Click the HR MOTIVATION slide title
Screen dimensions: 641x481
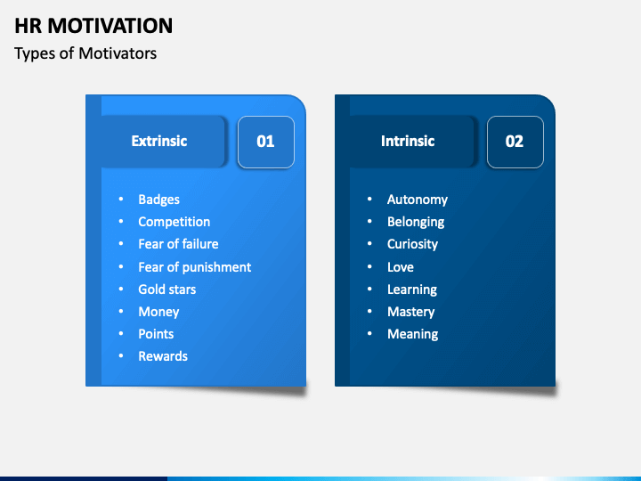[x=93, y=26]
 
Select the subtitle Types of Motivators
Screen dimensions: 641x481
[x=85, y=53]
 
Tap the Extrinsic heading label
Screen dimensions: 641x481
[x=159, y=141]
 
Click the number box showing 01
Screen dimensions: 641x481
[x=265, y=142]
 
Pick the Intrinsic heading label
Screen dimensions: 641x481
[x=408, y=141]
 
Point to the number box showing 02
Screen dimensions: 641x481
[x=515, y=142]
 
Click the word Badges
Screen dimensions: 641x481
[x=159, y=200]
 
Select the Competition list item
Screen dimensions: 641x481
[x=174, y=222]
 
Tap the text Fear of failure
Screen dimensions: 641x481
[x=178, y=244]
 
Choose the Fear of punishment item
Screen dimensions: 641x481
[x=195, y=267]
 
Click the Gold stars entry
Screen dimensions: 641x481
[x=167, y=289]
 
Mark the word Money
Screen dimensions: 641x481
[x=158, y=312]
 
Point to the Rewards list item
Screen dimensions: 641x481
[x=163, y=356]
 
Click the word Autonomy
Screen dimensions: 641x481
[x=418, y=200]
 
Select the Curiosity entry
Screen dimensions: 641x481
[x=412, y=244]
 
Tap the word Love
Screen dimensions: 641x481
[x=401, y=267]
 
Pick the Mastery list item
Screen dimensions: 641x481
[x=410, y=312]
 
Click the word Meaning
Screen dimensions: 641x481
[x=412, y=334]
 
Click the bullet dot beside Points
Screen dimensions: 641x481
[x=121, y=334]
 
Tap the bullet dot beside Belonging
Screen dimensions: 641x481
[x=369, y=222]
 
